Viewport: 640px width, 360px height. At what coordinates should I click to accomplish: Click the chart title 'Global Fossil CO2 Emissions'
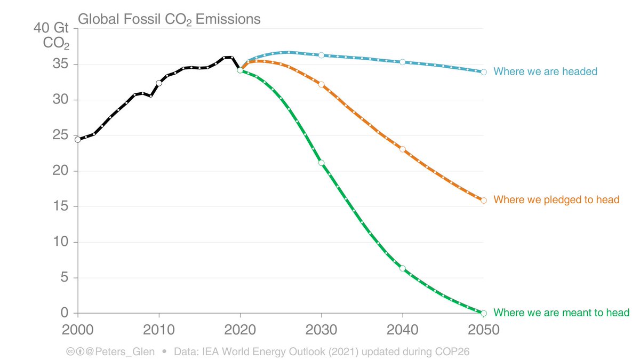click(169, 20)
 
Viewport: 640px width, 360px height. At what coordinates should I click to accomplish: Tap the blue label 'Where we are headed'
click(545, 71)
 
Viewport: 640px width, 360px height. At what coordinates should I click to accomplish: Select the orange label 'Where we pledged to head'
click(556, 200)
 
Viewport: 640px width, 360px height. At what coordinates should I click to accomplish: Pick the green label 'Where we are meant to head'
click(562, 313)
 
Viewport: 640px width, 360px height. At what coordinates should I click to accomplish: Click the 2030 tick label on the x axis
click(321, 330)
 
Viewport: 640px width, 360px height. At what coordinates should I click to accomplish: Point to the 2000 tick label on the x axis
click(78, 330)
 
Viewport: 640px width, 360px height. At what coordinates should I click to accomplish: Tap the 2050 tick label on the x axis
click(483, 330)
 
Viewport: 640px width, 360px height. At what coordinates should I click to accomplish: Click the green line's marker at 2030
click(321, 163)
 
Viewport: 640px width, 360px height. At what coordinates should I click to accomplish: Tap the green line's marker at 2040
click(403, 268)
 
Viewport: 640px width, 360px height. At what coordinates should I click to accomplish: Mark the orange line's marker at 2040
click(403, 149)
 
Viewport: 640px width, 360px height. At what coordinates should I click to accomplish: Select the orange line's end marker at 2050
click(484, 201)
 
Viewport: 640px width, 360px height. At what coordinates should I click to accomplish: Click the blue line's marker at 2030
click(321, 55)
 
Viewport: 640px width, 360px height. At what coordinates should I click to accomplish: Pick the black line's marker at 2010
click(159, 83)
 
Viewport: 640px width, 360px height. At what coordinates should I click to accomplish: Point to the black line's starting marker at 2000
click(78, 139)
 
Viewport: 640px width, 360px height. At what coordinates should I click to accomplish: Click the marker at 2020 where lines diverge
click(240, 70)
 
